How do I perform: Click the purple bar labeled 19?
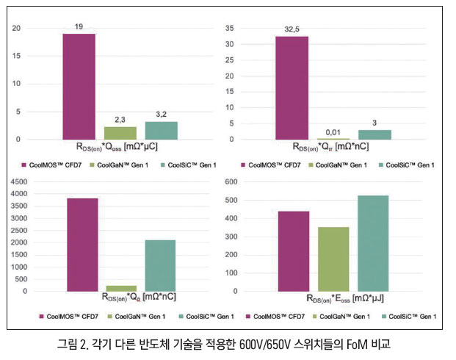tap(79, 86)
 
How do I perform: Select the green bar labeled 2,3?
tap(120, 133)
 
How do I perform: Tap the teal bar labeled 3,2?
tap(161, 130)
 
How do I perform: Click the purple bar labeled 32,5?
tap(292, 87)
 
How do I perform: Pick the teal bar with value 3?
tap(374, 134)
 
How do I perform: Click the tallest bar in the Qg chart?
tap(82, 245)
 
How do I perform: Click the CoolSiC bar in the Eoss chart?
tap(373, 243)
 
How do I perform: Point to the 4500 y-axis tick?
tap(20, 193)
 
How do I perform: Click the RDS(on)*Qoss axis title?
tap(121, 146)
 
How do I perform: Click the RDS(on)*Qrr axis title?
tap(331, 146)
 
